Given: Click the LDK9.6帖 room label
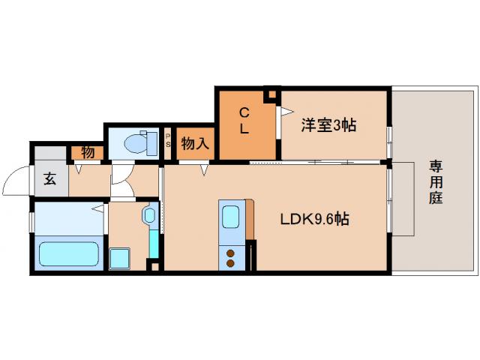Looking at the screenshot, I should click(314, 220).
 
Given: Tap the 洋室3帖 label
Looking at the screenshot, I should click(328, 125).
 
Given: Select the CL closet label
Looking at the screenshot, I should click(244, 120).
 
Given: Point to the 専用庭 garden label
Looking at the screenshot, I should click(435, 182).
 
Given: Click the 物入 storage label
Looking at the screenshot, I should click(195, 142).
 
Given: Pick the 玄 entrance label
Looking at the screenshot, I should click(49, 180).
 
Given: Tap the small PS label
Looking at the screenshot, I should click(169, 140).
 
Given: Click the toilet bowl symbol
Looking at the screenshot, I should click(136, 141).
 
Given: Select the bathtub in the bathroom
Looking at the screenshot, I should click(69, 253).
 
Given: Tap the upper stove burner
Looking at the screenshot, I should click(230, 253).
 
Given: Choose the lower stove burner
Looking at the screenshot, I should click(230, 263).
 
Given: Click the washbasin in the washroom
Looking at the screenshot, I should click(148, 216).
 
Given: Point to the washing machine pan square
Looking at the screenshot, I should click(121, 259).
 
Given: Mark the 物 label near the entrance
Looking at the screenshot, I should click(87, 152).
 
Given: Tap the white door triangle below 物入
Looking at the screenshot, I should click(204, 171).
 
